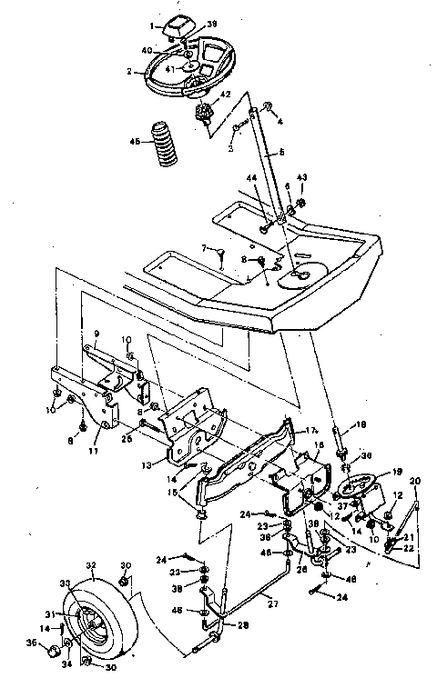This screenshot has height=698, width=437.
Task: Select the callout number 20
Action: [x=416, y=481]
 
